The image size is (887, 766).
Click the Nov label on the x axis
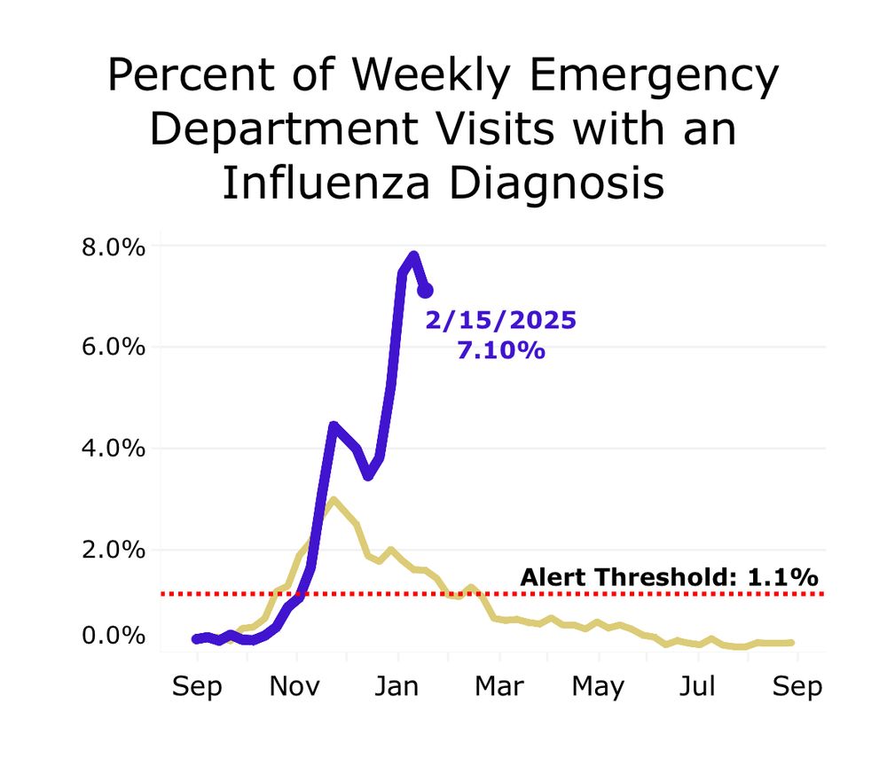click(x=297, y=686)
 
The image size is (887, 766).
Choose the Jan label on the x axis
click(x=398, y=686)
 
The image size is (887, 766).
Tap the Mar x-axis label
click(x=499, y=686)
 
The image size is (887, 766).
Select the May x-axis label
click(x=598, y=686)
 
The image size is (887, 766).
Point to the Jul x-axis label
click(x=699, y=686)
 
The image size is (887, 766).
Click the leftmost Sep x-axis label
click(x=196, y=686)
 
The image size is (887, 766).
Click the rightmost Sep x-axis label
click(x=797, y=686)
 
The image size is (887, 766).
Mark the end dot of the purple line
click(x=425, y=290)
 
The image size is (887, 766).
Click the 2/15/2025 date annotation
click(x=500, y=320)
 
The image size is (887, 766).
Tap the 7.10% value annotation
click(x=500, y=350)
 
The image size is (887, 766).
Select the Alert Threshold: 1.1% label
click(x=669, y=577)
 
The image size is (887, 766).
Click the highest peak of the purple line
click(x=413, y=256)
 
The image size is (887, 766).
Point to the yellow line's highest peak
click(x=333, y=500)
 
